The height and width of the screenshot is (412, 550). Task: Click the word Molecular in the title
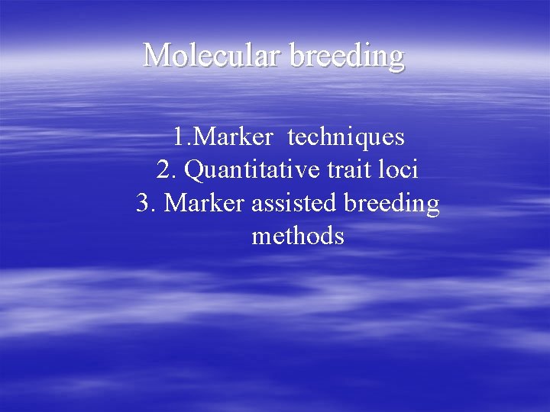pos(212,56)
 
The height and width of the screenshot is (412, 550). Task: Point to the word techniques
pos(346,137)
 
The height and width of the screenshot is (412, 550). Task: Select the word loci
pos(399,170)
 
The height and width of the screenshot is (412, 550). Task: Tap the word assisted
pos(290,203)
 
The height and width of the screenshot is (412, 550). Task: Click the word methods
pos(298,236)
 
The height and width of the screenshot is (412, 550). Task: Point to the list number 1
pos(178,137)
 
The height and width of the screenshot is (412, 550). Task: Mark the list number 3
pos(144,203)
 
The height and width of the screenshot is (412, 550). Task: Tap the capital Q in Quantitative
pos(194,170)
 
